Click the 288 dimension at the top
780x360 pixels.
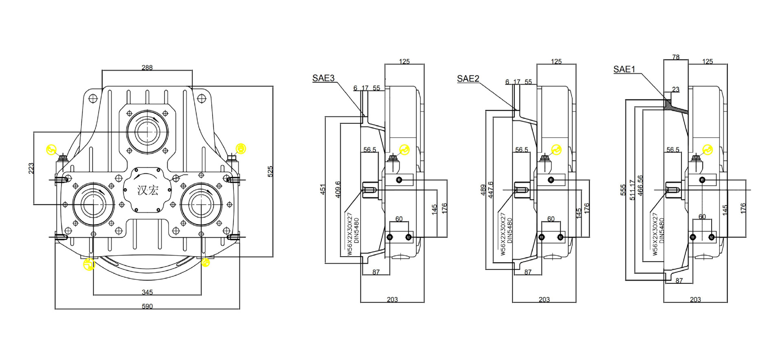click(147, 68)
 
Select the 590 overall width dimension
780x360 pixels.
click(147, 306)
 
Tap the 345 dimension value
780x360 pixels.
click(147, 292)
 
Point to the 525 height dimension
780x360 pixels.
click(270, 171)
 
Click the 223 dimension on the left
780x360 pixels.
click(31, 168)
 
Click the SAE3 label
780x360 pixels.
click(323, 78)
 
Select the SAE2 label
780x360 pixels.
click(468, 79)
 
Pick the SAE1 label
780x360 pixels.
click(624, 70)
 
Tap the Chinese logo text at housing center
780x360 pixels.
click(147, 190)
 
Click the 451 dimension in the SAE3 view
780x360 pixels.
click(323, 189)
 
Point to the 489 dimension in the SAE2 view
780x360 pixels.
click(483, 189)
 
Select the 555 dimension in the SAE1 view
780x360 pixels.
click(623, 190)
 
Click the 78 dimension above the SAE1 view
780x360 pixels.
click(675, 57)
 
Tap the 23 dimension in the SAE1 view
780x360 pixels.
click(675, 89)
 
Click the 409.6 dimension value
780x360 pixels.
click(338, 189)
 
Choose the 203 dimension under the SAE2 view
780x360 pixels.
click(544, 299)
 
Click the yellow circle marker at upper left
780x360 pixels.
click(51, 150)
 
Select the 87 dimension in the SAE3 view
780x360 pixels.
click(376, 272)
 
